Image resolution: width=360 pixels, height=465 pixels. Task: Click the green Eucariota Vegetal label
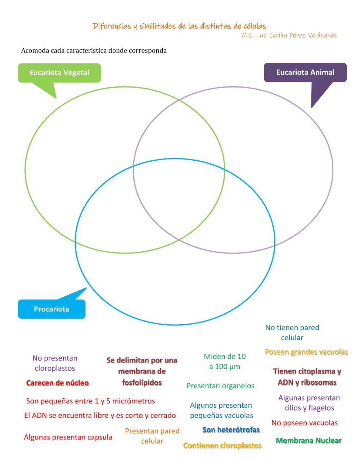59,72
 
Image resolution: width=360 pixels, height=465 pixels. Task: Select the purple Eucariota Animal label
305,72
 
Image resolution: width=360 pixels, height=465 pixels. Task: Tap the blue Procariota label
51,309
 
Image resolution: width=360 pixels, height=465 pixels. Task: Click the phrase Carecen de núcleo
57,383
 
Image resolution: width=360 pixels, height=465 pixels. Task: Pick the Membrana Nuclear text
309,440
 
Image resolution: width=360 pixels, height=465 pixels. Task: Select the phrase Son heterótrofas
231,430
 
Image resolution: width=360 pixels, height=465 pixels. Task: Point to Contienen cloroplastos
222,446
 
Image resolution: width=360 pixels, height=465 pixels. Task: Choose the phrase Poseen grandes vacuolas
306,352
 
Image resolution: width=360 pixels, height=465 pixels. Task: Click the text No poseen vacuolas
305,423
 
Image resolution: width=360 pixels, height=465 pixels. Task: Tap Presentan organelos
220,386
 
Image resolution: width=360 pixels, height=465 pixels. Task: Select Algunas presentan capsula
68,437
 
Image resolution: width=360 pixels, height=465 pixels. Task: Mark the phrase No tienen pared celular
292,332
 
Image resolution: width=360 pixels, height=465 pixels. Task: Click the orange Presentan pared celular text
152,436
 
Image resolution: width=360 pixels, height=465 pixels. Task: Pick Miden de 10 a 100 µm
225,361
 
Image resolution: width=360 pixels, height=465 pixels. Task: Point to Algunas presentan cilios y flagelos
309,403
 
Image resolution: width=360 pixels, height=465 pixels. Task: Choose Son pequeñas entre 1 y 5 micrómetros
90,401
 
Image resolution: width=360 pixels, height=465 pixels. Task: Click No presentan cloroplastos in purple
55,363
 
